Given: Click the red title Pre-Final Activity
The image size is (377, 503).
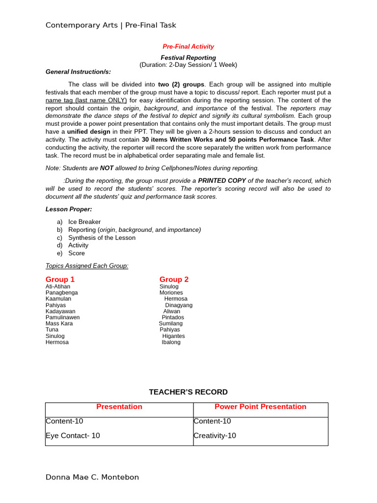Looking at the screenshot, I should pos(188,47).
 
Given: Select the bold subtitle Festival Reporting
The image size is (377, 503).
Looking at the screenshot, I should pos(188,57).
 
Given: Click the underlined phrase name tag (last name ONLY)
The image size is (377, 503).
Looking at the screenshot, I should pos(86,100).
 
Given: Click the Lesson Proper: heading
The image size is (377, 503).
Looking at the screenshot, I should pos(69,209).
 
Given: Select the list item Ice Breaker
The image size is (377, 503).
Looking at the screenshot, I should pos(84,222).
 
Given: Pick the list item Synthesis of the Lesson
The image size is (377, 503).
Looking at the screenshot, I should pos(102,238).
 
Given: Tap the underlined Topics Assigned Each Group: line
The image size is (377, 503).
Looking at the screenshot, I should pos(87,266).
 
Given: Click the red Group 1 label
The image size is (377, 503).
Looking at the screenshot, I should pos(60,279).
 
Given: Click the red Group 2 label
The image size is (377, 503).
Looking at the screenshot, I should pos(174,279).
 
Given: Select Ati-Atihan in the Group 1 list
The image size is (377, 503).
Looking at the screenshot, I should pos(58,287).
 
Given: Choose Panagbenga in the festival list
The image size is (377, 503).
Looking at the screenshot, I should pos(61,293).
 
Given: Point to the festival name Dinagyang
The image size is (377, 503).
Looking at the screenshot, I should pos(179,305).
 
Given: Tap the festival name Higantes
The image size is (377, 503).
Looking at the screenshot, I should pos(174,336).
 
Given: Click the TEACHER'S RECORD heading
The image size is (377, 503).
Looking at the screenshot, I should pos(188,392).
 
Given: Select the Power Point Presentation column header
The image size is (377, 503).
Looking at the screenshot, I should pos(260,407).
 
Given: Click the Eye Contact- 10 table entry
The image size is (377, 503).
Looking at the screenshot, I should pos(73,436).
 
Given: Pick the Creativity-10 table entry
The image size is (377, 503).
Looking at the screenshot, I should pos(215,436).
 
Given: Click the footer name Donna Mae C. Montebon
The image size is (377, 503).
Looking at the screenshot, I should pos(92,477).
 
